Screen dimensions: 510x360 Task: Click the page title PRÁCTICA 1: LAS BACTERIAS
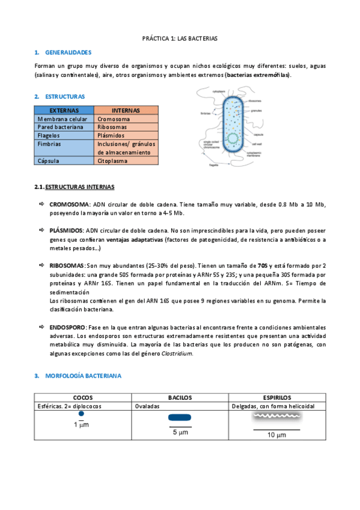[180, 38]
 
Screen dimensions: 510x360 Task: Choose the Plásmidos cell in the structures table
[111, 136]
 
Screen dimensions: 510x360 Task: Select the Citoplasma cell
[112, 161]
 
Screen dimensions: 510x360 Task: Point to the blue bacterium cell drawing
[231, 126]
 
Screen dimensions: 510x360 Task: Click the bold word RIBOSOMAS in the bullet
[67, 265]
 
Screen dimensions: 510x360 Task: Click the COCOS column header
[83, 398]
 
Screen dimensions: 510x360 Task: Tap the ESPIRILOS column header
[277, 398]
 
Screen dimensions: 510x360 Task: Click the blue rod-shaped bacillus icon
[180, 417]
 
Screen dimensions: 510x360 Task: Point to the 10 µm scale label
[276, 435]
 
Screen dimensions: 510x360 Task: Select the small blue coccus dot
[81, 414]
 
